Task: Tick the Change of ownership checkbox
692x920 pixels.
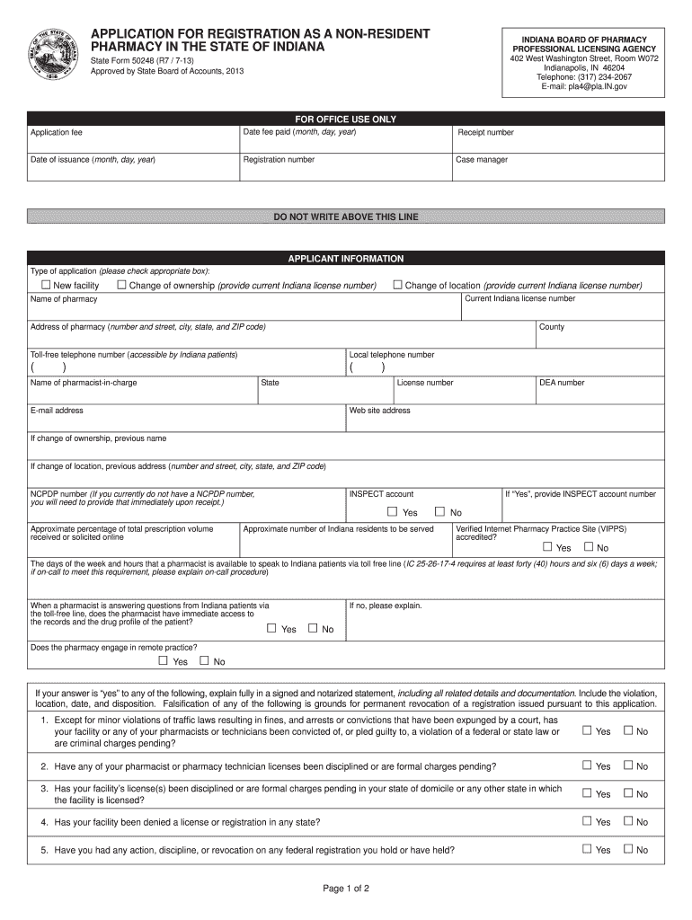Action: click(x=121, y=286)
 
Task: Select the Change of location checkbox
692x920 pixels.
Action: click(x=397, y=286)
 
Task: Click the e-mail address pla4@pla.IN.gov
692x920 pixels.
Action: click(x=583, y=87)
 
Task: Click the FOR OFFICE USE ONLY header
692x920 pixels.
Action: click(x=346, y=119)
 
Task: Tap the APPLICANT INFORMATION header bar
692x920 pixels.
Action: click(x=346, y=259)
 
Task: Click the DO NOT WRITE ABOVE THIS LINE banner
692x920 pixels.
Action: click(x=346, y=217)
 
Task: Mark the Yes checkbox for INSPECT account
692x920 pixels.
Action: click(x=392, y=512)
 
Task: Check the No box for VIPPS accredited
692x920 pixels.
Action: click(x=589, y=547)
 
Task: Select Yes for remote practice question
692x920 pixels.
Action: click(x=163, y=661)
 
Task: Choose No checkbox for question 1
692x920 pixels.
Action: click(x=629, y=730)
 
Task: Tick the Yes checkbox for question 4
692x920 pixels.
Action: click(x=587, y=821)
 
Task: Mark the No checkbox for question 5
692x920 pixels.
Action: click(x=629, y=849)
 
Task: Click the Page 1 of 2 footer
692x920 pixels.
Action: click(x=346, y=889)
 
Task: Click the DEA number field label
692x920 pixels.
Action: click(x=562, y=383)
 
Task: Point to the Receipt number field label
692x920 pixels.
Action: click(x=485, y=133)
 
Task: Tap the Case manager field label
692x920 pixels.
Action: click(x=483, y=160)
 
